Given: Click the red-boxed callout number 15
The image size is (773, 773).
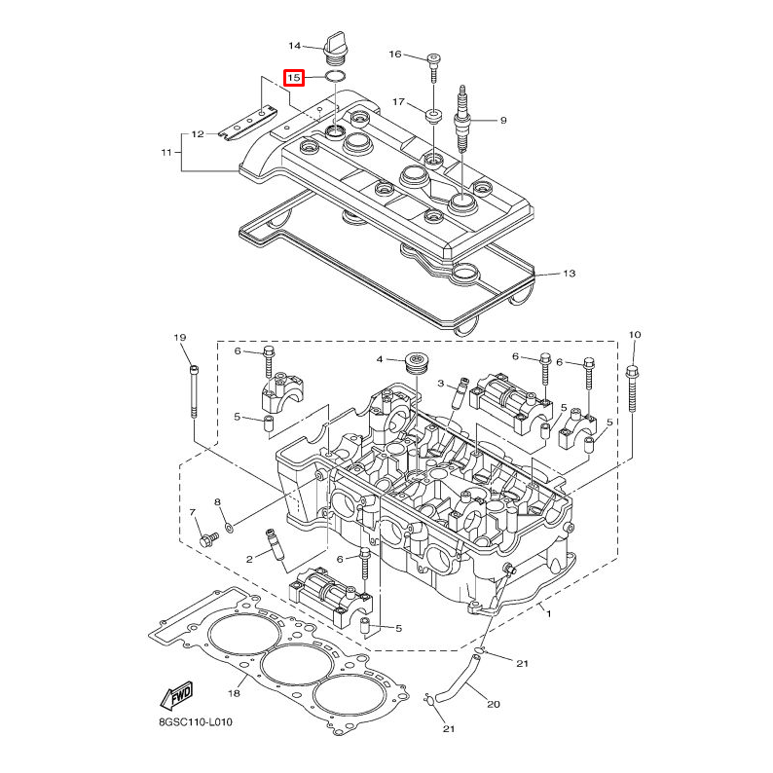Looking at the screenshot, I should [294, 77].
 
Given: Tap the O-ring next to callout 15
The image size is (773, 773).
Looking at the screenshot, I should [335, 76].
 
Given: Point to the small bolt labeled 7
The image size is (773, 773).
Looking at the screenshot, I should [207, 538].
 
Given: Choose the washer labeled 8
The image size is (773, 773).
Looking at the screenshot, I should [229, 527].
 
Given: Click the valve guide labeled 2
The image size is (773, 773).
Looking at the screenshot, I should [275, 546].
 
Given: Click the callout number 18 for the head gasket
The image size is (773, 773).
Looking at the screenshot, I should [234, 693].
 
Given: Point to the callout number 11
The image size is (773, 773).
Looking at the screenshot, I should [166, 152].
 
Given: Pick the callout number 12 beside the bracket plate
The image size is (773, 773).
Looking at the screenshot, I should [197, 134].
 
